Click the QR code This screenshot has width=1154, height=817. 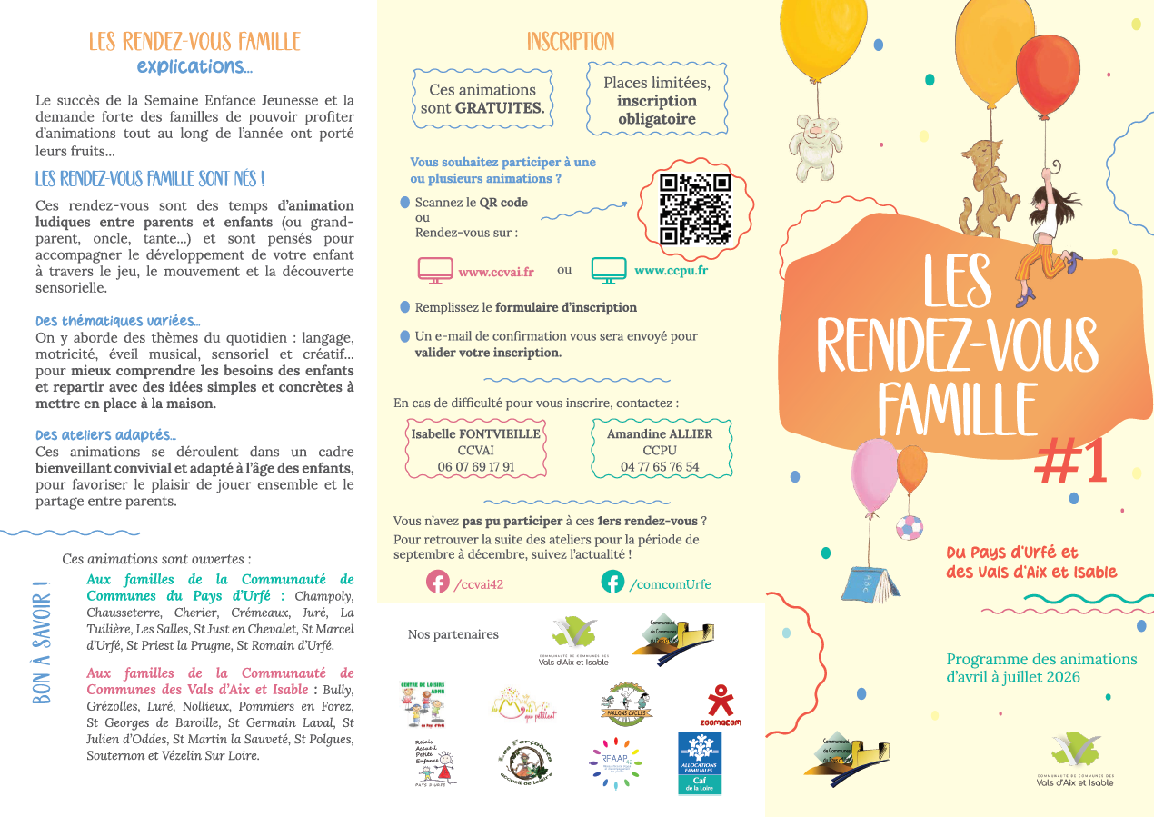(695, 209)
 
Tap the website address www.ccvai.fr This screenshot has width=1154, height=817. (495, 271)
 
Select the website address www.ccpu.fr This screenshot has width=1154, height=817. (671, 270)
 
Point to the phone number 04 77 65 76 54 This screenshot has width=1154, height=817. (660, 467)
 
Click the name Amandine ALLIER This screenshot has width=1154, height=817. (660, 433)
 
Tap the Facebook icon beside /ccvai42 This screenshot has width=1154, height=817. (438, 582)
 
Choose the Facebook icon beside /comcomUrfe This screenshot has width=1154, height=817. (612, 582)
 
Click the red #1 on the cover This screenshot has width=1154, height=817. (1071, 463)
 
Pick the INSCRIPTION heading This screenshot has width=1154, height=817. (571, 42)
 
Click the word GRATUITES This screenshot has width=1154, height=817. (500, 107)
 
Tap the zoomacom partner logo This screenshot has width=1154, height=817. (720, 703)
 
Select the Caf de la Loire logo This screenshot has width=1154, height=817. (699, 763)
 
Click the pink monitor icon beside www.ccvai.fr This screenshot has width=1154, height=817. (435, 270)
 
